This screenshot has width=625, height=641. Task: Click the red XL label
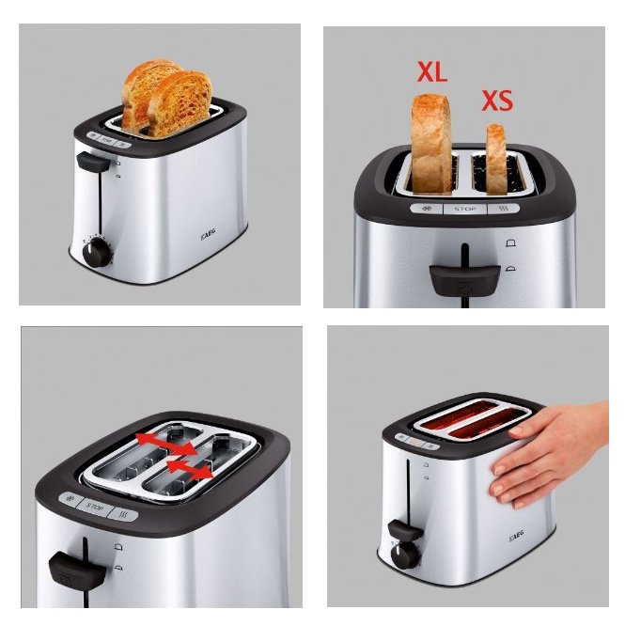coord(432,72)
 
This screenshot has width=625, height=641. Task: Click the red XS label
coord(497,101)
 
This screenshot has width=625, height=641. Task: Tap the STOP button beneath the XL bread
coord(465,209)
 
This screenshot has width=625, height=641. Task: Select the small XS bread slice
coord(496,159)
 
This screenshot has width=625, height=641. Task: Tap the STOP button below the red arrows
coord(95,508)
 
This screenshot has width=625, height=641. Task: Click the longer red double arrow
coord(166,445)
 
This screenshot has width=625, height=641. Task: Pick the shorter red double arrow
coord(190,470)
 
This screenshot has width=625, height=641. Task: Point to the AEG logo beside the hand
coord(517,536)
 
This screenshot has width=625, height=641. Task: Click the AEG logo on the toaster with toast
coord(208,235)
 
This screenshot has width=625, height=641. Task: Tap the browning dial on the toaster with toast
coord(96,253)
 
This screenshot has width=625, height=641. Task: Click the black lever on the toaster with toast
coord(93,162)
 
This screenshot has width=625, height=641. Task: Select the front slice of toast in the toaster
coord(180,104)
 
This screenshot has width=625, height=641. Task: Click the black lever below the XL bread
coord(465,279)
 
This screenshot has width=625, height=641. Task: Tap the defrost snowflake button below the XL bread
coord(427,209)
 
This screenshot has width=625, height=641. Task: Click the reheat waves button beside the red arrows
coord(123,514)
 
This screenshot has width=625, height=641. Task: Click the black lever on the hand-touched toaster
coord(405,530)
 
